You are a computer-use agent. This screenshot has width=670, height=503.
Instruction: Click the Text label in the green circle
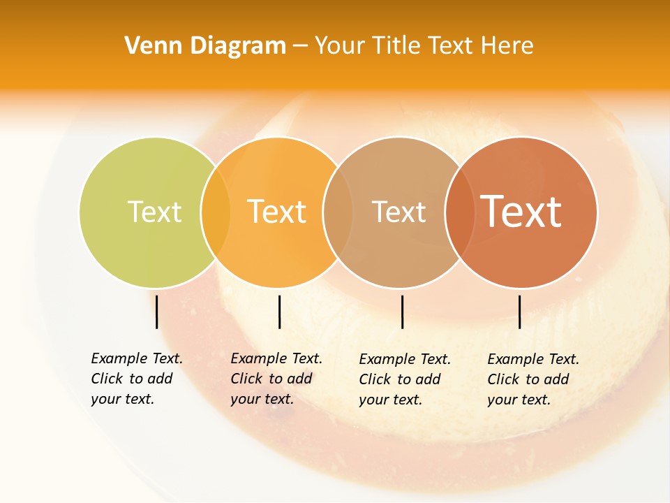[x=154, y=212]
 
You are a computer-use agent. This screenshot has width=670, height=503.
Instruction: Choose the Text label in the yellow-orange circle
[x=276, y=212]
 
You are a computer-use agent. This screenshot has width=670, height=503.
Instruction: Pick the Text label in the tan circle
[x=399, y=212]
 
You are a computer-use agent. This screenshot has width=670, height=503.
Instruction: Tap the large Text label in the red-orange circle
[x=521, y=212]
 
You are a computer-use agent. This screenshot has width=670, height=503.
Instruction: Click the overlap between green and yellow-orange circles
[x=216, y=212]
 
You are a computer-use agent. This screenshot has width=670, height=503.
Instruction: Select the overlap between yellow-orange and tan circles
[x=338, y=212]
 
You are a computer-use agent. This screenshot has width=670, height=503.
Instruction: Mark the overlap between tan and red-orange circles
[x=459, y=212]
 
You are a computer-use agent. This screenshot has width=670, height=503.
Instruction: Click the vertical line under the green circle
[x=157, y=312]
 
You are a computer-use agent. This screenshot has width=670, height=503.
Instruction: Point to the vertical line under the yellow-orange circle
[x=279, y=312]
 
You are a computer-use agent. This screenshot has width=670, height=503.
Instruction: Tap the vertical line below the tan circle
[x=402, y=312]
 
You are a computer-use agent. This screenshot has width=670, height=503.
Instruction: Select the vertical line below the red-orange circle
[x=520, y=312]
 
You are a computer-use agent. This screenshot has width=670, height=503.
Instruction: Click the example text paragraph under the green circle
[x=136, y=379]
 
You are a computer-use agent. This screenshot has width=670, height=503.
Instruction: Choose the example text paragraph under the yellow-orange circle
[x=276, y=379]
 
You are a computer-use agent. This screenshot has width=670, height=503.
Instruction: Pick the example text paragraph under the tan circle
[x=404, y=379]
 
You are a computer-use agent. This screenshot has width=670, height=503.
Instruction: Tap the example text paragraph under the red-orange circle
[x=533, y=379]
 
